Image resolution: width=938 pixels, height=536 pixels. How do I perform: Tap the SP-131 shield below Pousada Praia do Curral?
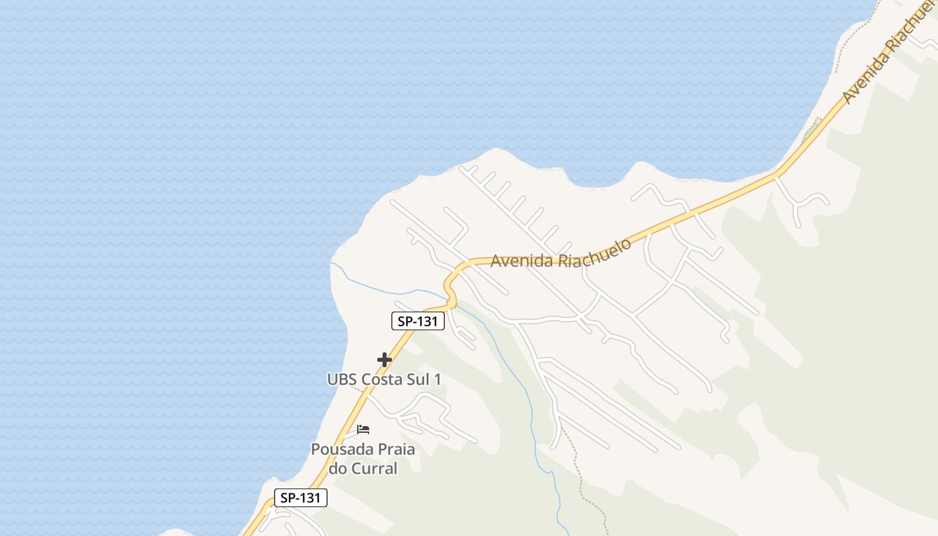(301, 498)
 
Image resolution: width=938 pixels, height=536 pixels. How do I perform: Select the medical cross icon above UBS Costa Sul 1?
(384, 360)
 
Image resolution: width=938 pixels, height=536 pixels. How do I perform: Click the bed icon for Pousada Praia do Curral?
(363, 429)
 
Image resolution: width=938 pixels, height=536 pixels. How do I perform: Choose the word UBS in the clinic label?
(342, 379)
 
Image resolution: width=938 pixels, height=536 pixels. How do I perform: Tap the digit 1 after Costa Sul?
(438, 379)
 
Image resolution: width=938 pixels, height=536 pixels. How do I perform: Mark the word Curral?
(374, 468)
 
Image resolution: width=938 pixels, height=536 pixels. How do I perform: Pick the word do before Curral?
(338, 468)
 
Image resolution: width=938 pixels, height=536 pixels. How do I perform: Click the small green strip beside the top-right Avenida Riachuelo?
(811, 128)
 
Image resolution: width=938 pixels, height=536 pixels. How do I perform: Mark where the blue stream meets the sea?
(332, 263)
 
